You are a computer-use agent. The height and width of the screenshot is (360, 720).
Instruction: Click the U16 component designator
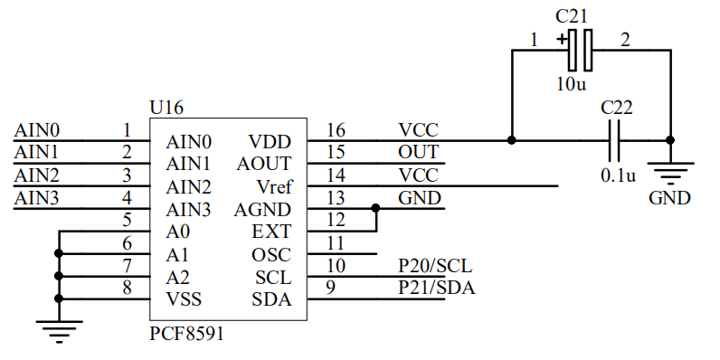(x=166, y=108)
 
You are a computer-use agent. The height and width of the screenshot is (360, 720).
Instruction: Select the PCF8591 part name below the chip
(x=186, y=334)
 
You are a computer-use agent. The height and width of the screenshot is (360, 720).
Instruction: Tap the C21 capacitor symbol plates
(x=580, y=50)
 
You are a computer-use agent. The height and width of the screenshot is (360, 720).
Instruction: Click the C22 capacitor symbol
(x=614, y=140)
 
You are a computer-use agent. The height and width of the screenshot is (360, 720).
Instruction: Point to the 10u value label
(x=571, y=84)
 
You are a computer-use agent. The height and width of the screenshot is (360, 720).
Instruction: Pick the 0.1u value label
(x=618, y=175)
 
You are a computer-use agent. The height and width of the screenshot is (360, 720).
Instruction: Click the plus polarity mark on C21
(x=562, y=40)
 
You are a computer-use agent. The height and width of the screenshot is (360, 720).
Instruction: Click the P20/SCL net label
(x=435, y=266)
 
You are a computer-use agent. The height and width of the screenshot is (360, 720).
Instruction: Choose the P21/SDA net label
(x=436, y=288)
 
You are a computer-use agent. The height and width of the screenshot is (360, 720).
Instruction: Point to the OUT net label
(x=418, y=153)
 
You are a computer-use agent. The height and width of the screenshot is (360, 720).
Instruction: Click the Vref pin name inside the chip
(x=274, y=187)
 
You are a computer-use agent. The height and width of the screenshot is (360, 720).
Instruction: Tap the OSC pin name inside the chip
(x=271, y=255)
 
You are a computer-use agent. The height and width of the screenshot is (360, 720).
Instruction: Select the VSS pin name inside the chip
(x=184, y=299)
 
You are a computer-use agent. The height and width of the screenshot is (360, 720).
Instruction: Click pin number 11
(x=336, y=243)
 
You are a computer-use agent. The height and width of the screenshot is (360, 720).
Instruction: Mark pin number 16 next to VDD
(x=336, y=130)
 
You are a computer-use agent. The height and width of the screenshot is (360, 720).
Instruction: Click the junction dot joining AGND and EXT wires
(x=376, y=208)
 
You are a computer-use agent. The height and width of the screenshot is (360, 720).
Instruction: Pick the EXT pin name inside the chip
(x=271, y=232)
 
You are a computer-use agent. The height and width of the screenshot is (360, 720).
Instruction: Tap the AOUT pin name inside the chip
(x=264, y=164)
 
